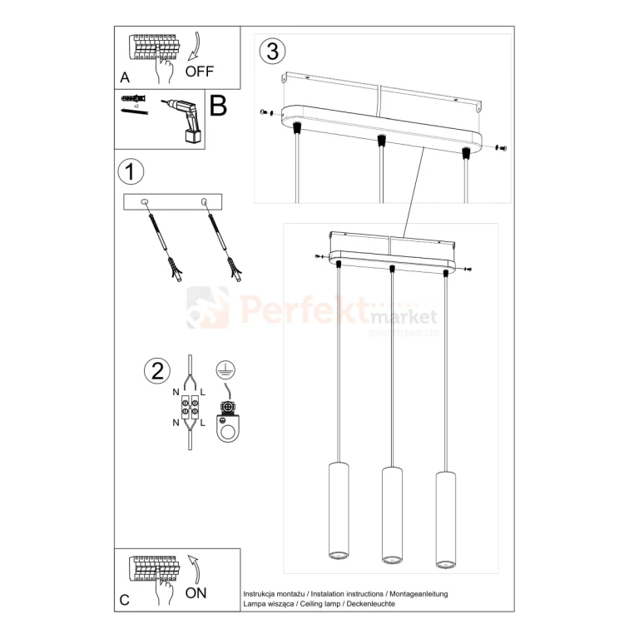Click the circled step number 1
coord(131,172)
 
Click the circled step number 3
coord(271,51)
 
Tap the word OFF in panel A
coord(200,72)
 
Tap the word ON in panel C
coord(196,592)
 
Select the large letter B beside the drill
coord(218,106)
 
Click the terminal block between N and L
coord(189,408)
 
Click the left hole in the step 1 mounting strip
coord(145,201)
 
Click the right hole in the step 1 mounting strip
coord(203,201)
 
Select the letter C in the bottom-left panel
coord(125,599)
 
